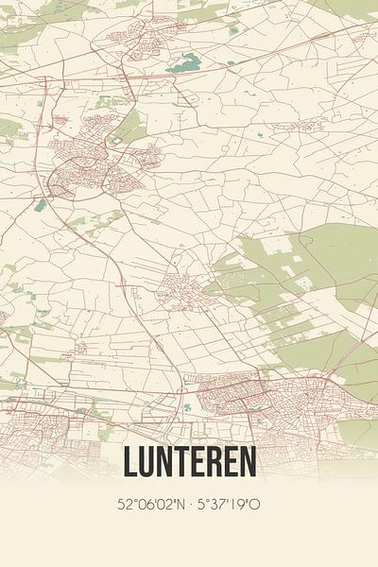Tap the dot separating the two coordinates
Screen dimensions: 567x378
point(189,504)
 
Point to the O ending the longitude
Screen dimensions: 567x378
point(255,504)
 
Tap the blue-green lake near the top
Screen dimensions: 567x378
point(185,63)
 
